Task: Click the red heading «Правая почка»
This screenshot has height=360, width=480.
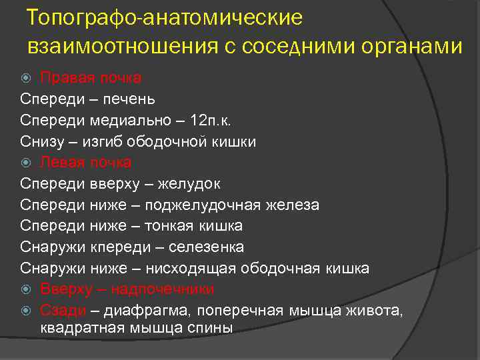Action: coord(90,78)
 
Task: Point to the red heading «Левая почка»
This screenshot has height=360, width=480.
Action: coord(85,162)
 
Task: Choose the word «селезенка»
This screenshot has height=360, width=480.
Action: coord(206,247)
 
